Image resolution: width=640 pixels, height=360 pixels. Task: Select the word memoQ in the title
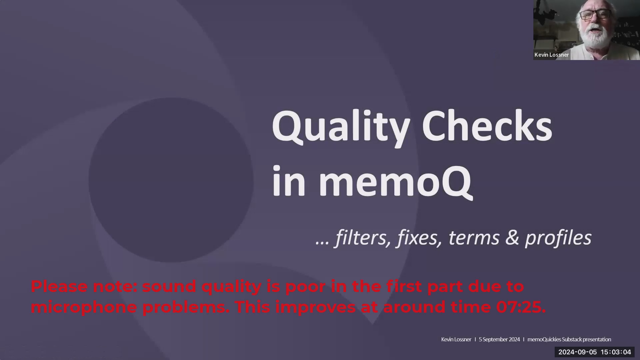tap(395, 182)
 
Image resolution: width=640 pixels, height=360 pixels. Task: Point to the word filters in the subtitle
tap(363, 238)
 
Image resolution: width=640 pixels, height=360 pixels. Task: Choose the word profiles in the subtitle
tap(558, 238)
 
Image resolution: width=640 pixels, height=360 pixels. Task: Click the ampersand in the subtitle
tap(512, 238)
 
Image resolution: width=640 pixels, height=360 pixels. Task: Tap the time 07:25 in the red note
tap(520, 307)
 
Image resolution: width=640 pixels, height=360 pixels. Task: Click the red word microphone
tap(84, 307)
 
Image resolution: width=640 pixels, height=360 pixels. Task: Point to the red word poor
tap(305, 286)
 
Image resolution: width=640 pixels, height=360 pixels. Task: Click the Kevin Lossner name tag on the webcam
tap(552, 55)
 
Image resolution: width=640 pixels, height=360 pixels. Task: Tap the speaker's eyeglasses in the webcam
tap(595, 15)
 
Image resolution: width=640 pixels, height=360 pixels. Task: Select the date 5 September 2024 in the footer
tap(499, 339)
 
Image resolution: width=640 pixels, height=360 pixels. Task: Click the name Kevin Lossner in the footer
tap(456, 339)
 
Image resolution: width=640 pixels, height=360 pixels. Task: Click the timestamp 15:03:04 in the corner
tap(616, 352)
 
